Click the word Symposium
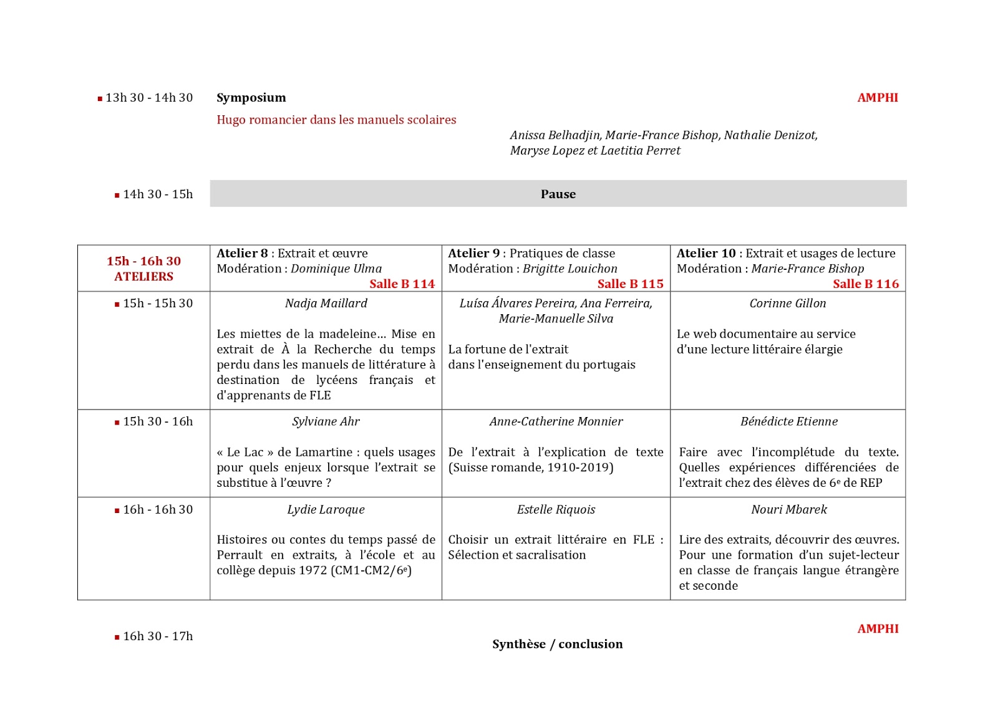tap(251, 98)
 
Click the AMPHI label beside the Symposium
tap(877, 98)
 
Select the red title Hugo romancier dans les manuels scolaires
tap(336, 120)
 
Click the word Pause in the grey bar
tap(558, 194)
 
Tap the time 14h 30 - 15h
tap(158, 194)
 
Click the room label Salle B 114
tap(402, 284)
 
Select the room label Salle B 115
tap(630, 284)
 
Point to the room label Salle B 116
tap(865, 284)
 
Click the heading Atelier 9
tap(473, 254)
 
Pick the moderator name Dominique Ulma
tap(336, 269)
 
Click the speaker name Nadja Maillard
tap(326, 304)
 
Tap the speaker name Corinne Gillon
tap(787, 304)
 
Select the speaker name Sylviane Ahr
tap(326, 422)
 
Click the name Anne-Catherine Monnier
tap(556, 422)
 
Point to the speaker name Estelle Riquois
tap(556, 510)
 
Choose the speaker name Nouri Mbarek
tap(788, 510)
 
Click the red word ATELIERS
tap(143, 277)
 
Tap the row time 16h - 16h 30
tap(158, 510)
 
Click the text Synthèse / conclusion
tap(557, 645)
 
